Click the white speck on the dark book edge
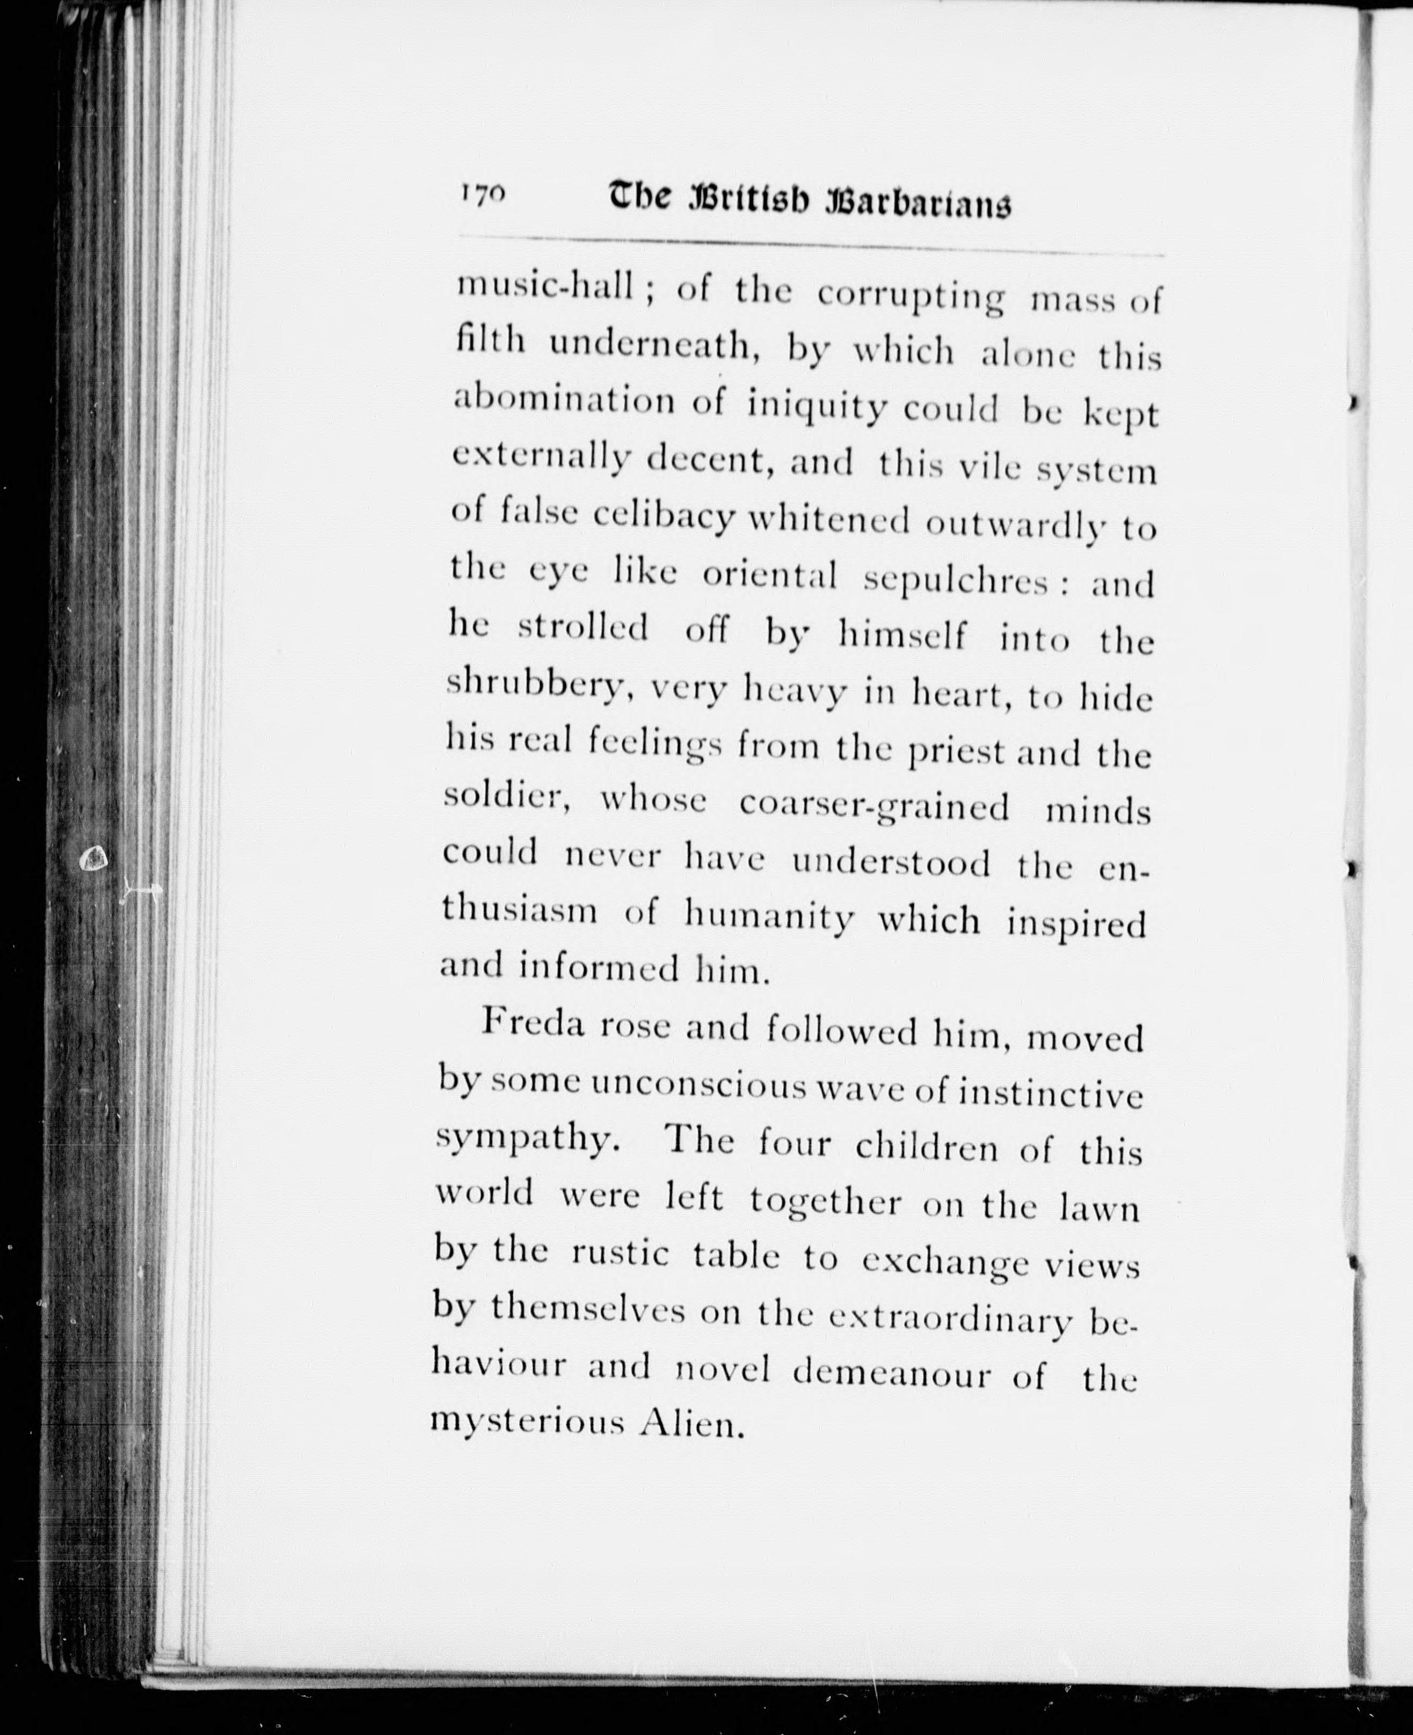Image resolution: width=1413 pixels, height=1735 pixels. point(95,856)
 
